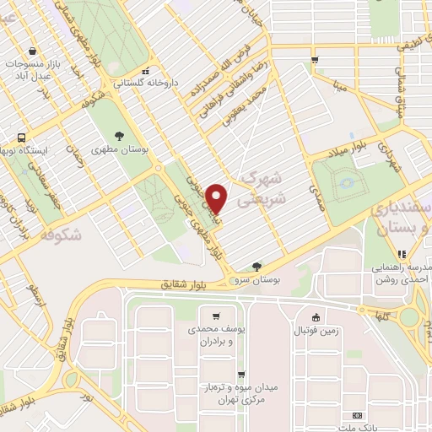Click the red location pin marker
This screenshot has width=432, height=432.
coord(217,197)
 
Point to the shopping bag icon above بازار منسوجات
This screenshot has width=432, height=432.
coord(31,51)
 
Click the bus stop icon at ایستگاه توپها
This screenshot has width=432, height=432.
coord(21,137)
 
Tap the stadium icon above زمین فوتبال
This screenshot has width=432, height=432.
coord(316,318)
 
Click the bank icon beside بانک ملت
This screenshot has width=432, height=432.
coord(356,416)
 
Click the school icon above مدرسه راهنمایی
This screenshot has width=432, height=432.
coord(402,252)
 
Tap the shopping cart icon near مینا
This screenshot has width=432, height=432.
coord(314,60)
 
